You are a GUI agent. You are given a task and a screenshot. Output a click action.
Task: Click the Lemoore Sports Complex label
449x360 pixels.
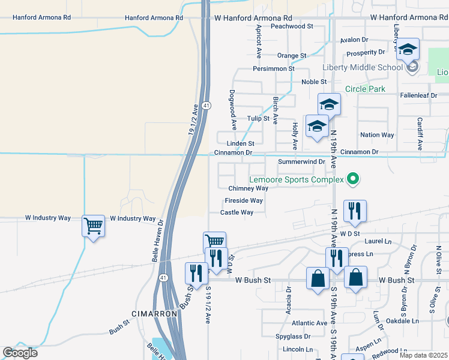(297, 179)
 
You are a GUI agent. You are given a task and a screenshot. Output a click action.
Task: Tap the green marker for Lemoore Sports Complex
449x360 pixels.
(354, 179)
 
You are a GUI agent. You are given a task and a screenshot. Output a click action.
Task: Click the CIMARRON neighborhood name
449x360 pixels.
(154, 314)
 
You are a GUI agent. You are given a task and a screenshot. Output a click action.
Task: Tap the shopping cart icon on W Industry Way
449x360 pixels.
(93, 226)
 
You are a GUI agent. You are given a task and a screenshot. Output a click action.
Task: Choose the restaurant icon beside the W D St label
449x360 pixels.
(354, 211)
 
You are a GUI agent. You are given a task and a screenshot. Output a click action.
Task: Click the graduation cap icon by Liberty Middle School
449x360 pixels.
(408, 49)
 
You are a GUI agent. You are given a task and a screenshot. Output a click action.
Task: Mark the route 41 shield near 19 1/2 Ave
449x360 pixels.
(206, 106)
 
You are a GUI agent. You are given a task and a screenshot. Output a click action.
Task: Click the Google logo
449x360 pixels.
(20, 353)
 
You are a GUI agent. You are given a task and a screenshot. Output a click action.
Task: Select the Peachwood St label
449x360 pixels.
(292, 26)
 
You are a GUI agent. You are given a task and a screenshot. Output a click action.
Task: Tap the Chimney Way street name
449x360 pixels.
(248, 188)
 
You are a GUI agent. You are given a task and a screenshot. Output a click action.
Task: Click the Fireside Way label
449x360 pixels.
(244, 200)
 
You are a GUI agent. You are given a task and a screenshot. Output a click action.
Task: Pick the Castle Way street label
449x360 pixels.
(237, 212)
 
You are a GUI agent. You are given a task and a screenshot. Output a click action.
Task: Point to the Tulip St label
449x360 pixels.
(258, 118)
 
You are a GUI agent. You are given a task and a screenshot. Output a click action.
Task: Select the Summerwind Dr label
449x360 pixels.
(301, 162)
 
